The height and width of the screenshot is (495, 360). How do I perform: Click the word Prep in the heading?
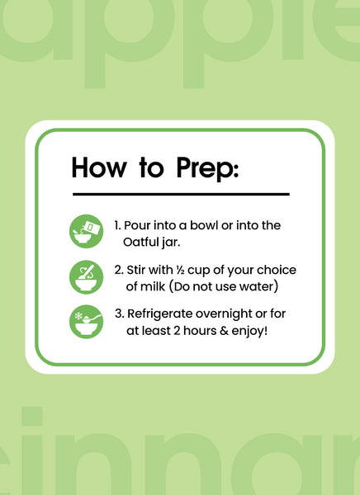pyautogui.click(x=207, y=168)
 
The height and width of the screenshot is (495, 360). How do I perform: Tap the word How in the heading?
pyautogui.click(x=99, y=167)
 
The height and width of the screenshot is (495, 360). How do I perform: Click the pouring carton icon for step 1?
pyautogui.click(x=87, y=231)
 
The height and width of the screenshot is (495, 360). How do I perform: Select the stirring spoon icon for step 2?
pyautogui.click(x=87, y=277)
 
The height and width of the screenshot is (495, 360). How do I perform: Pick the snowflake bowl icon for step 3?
pyautogui.click(x=87, y=322)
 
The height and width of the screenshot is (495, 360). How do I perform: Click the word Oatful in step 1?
pyautogui.click(x=140, y=242)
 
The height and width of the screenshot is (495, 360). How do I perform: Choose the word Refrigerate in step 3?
pyautogui.click(x=160, y=314)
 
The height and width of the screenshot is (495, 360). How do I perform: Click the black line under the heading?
pyautogui.click(x=181, y=194)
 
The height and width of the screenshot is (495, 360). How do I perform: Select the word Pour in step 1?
pyautogui.click(x=135, y=225)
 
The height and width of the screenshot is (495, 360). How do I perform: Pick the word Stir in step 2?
pyautogui.click(x=136, y=271)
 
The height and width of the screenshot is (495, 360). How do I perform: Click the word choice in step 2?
pyautogui.click(x=277, y=271)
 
